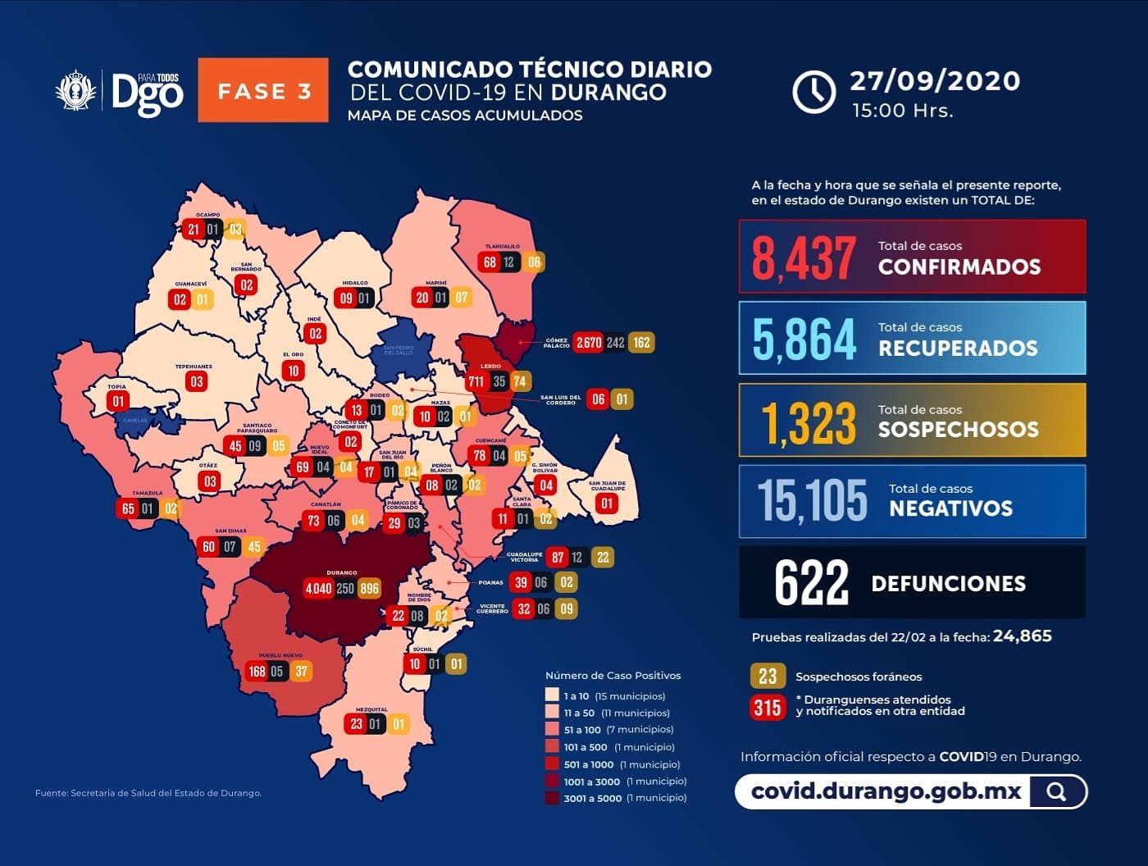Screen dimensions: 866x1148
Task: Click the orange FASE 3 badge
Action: [x=263, y=90]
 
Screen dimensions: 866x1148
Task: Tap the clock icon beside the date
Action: [x=813, y=91]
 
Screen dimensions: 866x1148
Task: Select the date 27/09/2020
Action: [x=935, y=80]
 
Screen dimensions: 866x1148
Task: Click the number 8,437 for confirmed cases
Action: [x=804, y=258]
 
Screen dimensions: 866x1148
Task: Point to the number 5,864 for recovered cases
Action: [x=804, y=339]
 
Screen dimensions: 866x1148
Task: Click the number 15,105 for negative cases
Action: [x=812, y=501]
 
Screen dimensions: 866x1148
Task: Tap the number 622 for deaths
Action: [x=811, y=583]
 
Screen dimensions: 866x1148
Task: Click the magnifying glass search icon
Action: [x=1057, y=791]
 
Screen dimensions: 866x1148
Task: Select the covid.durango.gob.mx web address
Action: [x=886, y=791]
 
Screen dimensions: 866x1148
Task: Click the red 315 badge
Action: [x=768, y=707]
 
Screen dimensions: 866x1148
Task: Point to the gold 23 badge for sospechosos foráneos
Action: [x=768, y=676]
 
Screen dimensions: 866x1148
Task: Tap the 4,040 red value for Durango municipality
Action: [x=318, y=588]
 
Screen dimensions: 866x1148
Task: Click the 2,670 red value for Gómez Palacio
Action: [x=588, y=342]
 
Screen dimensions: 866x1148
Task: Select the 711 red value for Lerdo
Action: [x=476, y=381]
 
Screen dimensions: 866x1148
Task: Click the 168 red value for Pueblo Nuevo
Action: [x=257, y=671]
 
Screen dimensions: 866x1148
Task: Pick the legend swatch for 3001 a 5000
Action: [x=552, y=798]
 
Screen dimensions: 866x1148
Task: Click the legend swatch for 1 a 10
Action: [x=552, y=695]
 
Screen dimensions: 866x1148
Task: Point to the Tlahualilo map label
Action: [x=502, y=246]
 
